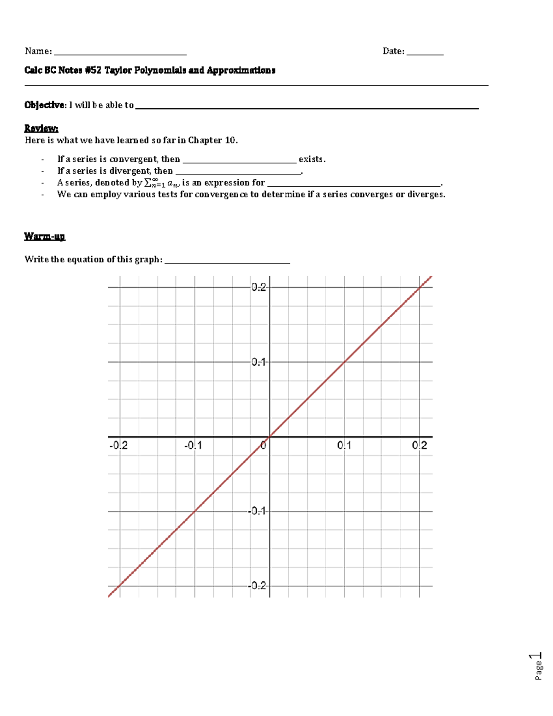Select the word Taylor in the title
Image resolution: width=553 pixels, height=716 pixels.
pyautogui.click(x=119, y=71)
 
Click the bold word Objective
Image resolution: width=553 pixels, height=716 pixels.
pyautogui.click(x=45, y=105)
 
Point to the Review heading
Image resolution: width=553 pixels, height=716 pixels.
pyautogui.click(x=41, y=128)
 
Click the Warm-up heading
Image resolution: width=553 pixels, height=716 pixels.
pyautogui.click(x=44, y=237)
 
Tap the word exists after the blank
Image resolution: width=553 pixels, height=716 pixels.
pyautogui.click(x=312, y=160)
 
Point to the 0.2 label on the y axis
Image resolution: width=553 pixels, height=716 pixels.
pyautogui.click(x=259, y=288)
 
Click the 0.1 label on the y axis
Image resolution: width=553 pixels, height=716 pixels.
pyautogui.click(x=259, y=362)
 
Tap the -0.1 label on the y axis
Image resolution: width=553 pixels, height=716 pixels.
pyautogui.click(x=258, y=511)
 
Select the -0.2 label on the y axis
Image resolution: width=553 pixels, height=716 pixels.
pyautogui.click(x=258, y=586)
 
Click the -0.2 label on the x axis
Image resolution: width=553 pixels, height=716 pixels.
pyautogui.click(x=118, y=446)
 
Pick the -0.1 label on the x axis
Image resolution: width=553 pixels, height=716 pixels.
pyautogui.click(x=193, y=446)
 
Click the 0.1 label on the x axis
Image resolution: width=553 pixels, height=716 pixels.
pyautogui.click(x=344, y=446)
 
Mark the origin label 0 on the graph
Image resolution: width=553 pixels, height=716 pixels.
pyautogui.click(x=263, y=446)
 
